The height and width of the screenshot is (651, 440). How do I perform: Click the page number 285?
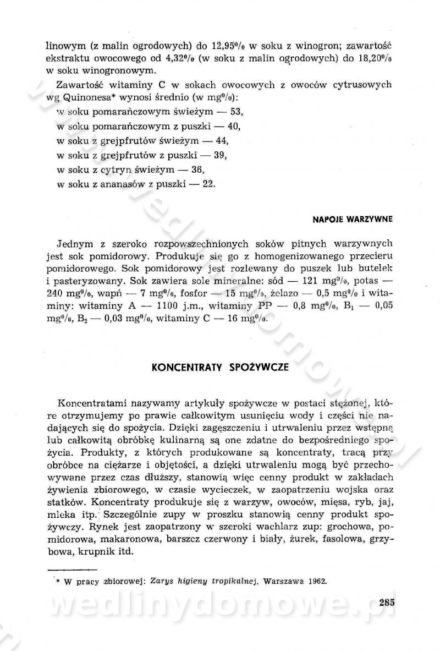tap(387, 601)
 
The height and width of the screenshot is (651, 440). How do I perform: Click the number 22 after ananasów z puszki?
tap(208, 184)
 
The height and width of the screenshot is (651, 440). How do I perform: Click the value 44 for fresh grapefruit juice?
tap(222, 141)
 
